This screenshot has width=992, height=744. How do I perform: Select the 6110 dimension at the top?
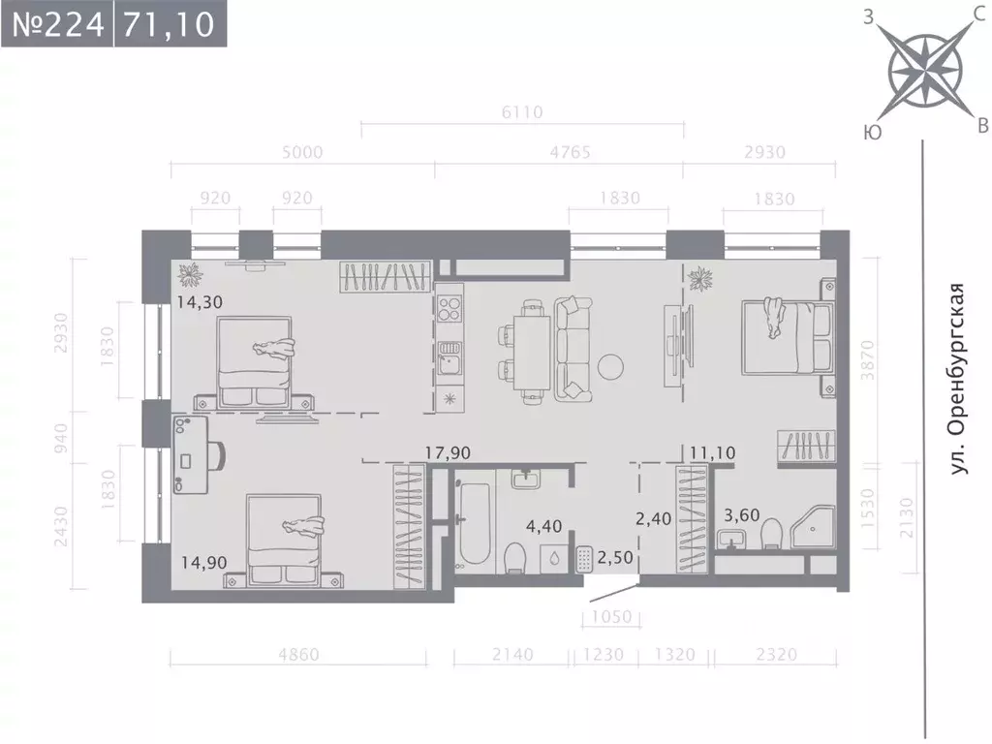[x=522, y=112]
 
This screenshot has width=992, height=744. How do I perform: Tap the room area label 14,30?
[x=200, y=301]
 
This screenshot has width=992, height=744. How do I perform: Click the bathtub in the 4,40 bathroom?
[x=475, y=523]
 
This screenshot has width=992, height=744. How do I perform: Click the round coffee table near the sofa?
[x=611, y=365]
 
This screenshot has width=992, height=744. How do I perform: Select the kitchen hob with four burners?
[x=449, y=311]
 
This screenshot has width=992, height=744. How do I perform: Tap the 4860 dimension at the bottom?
[x=297, y=655]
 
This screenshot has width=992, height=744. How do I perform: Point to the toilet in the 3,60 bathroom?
[x=771, y=532]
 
